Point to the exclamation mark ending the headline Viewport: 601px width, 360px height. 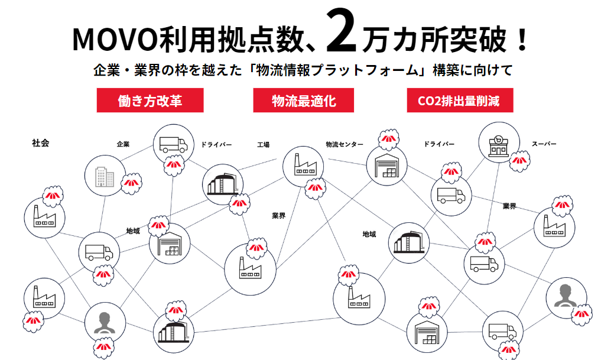point(521,39)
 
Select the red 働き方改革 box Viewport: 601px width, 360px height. point(150,100)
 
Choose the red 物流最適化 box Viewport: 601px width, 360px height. point(304,100)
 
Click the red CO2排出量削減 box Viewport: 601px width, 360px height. point(459,100)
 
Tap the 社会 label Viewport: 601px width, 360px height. point(41,143)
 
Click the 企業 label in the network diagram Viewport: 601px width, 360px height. point(123,144)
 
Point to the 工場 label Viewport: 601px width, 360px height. point(263,144)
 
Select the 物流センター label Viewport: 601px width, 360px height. point(345,144)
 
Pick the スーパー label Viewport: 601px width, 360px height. point(544,144)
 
